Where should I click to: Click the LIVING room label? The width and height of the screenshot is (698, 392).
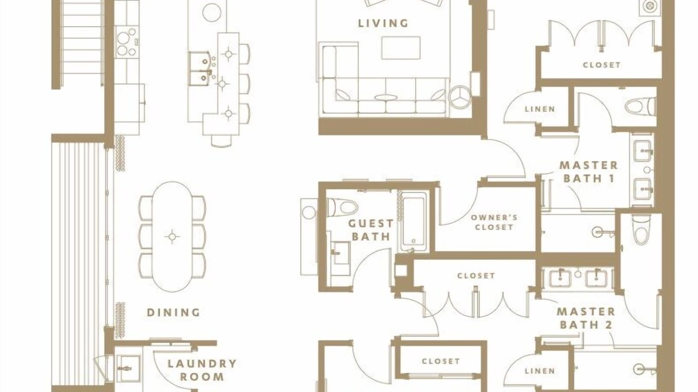tap(383, 23)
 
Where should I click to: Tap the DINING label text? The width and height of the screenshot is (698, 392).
tap(173, 313)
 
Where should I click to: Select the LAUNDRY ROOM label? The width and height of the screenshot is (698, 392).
tap(202, 370)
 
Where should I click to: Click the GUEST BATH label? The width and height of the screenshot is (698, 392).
tap(371, 230)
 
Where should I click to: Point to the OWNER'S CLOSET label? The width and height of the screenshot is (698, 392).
tap(494, 223)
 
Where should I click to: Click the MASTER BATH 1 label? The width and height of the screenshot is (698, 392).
tap(588, 171)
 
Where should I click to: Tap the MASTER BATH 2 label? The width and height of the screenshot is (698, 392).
tap(586, 318)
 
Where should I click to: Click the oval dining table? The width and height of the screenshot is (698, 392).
tap(172, 237)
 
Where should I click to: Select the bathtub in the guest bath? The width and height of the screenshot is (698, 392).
tap(413, 222)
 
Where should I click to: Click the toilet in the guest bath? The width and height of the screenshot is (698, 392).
tap(342, 207)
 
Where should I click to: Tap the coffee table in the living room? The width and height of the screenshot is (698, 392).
tap(401, 48)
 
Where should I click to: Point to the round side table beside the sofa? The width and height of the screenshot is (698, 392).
tap(460, 97)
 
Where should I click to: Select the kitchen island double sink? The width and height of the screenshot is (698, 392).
tap(199, 69)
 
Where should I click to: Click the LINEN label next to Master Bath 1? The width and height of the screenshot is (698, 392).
tap(540, 109)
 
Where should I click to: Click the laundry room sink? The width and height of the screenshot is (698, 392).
tap(128, 369)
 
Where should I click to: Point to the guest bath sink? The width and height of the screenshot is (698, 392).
tap(340, 253)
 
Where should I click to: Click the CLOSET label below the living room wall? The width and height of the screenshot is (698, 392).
tap(476, 275)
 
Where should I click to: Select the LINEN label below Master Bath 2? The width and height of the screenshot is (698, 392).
tap(540, 371)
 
